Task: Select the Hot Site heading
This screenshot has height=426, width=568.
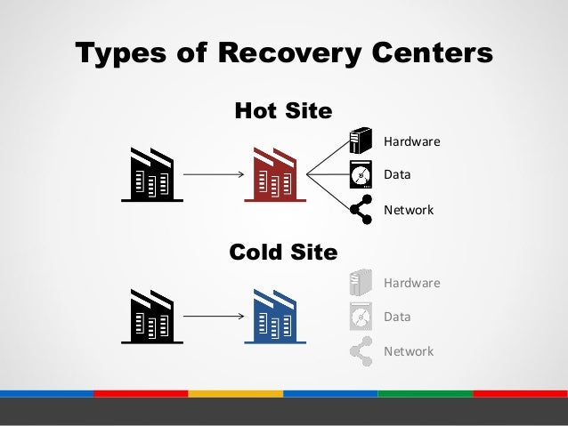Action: click(282, 111)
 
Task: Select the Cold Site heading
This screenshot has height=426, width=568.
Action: click(283, 253)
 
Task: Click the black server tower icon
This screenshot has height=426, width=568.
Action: click(360, 141)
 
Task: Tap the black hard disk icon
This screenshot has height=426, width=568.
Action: click(360, 174)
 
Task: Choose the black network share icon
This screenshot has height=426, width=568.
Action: click(360, 209)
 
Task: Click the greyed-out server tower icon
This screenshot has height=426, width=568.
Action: click(360, 282)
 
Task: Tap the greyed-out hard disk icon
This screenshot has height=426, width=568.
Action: click(360, 316)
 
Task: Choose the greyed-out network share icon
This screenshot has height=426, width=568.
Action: click(360, 350)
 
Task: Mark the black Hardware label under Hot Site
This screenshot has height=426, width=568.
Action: click(411, 141)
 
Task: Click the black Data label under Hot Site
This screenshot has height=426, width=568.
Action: click(397, 175)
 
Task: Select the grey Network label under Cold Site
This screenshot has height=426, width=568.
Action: click(408, 351)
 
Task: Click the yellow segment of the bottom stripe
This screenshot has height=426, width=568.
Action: click(236, 392)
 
